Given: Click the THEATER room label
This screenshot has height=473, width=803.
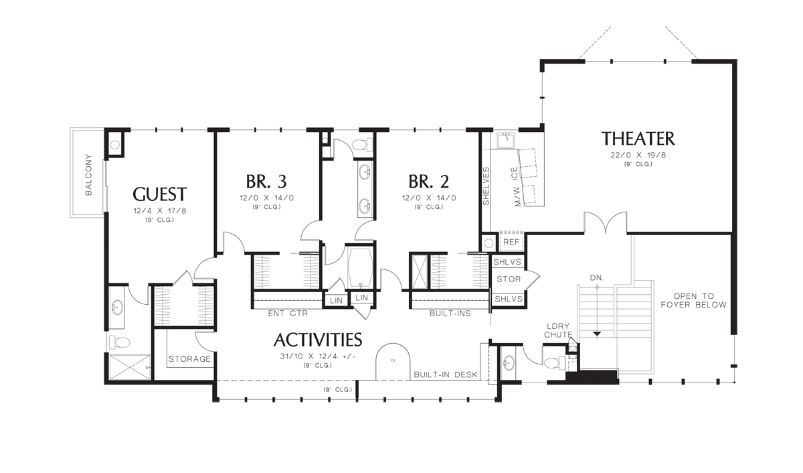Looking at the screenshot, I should (638, 139).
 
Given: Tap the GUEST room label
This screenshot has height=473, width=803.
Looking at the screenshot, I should (159, 194).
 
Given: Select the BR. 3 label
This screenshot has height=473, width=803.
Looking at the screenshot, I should (266, 182).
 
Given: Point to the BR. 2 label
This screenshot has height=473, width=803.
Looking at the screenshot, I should (429, 182).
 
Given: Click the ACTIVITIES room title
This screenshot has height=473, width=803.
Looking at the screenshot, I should (317, 340).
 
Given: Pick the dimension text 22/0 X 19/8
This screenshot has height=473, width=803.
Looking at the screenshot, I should (638, 155).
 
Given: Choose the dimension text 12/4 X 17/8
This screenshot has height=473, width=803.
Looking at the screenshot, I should (159, 211).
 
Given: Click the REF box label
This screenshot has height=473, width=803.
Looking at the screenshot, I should (511, 242).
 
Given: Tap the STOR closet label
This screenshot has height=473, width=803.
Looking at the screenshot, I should (509, 279).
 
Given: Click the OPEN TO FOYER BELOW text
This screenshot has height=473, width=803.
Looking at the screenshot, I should (693, 300).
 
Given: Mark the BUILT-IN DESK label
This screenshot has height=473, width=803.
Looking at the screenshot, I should (445, 375).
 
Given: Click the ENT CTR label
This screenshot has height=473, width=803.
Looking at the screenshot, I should (287, 313).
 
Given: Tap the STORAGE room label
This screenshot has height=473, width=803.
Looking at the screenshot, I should (189, 359).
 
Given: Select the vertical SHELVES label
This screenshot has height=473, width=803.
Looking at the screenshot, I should (486, 186).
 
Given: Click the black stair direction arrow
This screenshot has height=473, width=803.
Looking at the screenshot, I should (596, 333).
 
